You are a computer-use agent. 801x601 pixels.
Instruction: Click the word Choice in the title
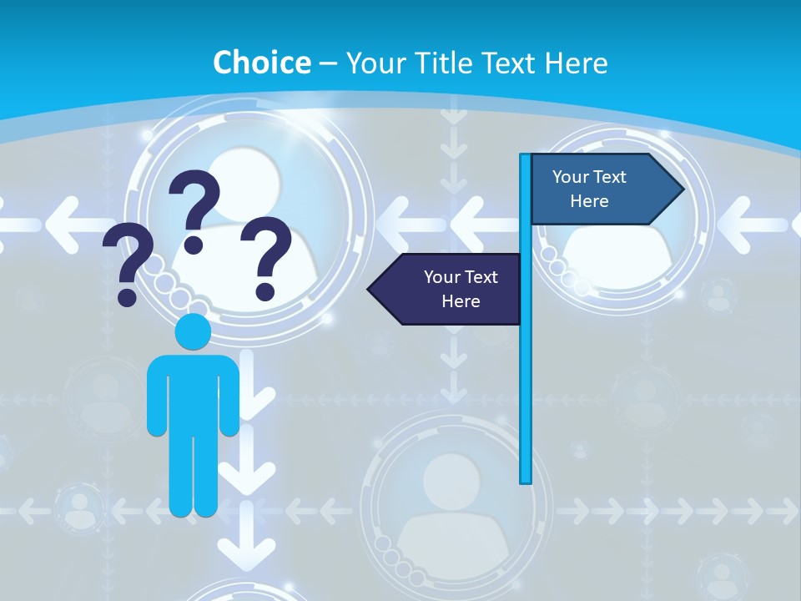click(x=261, y=63)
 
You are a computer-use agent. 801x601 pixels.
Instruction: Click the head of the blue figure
click(x=193, y=331)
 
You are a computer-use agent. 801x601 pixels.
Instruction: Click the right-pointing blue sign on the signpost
click(x=601, y=189)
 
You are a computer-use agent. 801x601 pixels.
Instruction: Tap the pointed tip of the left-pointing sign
click(x=370, y=290)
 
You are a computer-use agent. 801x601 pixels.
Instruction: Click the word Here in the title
click(x=576, y=63)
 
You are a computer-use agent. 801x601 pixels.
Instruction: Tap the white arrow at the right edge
click(x=759, y=223)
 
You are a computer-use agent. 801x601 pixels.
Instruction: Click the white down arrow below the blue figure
click(x=247, y=551)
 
